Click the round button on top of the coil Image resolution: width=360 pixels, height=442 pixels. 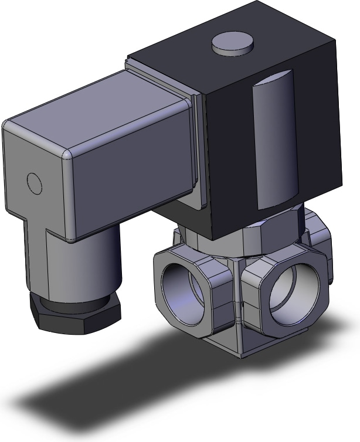pyautogui.click(x=233, y=44)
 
